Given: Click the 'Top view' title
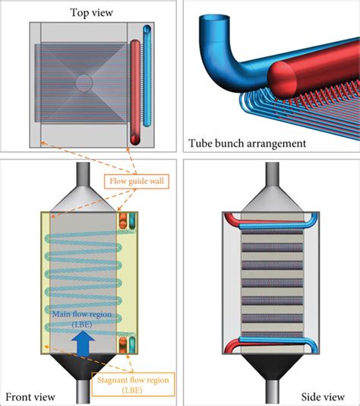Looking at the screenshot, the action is (92, 13).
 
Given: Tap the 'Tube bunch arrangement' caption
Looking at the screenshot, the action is (248, 143).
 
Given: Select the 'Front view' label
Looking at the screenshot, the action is (30, 397).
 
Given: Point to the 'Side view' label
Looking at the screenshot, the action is (323, 397).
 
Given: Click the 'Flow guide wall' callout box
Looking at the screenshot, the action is (137, 181).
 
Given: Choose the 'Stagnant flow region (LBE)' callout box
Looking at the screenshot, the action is (133, 385).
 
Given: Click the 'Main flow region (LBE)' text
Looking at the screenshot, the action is (82, 319).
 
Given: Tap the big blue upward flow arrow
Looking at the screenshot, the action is (83, 344).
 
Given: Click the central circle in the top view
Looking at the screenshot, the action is (84, 83).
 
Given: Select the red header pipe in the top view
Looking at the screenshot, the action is (135, 92).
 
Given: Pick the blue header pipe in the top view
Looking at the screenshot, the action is (147, 75).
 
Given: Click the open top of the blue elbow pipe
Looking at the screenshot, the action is (214, 18).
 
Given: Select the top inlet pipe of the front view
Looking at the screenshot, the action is (83, 174).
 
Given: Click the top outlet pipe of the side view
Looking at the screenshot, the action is (273, 174).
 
